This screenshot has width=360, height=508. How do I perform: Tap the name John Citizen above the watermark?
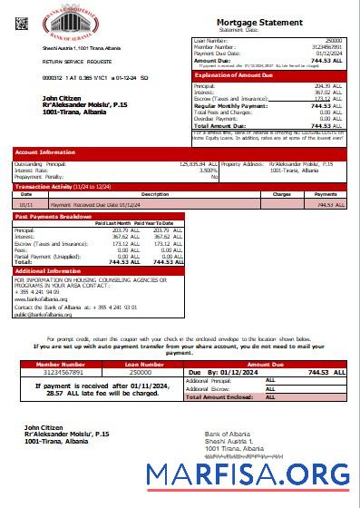click(x=44, y=426)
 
